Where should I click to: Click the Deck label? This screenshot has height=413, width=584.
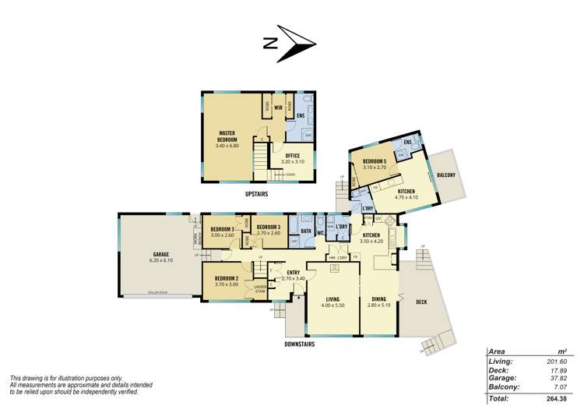421,302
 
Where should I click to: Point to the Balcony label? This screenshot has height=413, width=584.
447,175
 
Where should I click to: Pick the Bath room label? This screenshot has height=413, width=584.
304,231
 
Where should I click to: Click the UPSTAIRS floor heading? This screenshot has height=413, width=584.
257,192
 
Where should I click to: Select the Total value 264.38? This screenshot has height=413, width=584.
557,398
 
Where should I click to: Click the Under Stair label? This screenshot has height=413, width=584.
260,291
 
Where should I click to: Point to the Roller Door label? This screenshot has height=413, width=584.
158,293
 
